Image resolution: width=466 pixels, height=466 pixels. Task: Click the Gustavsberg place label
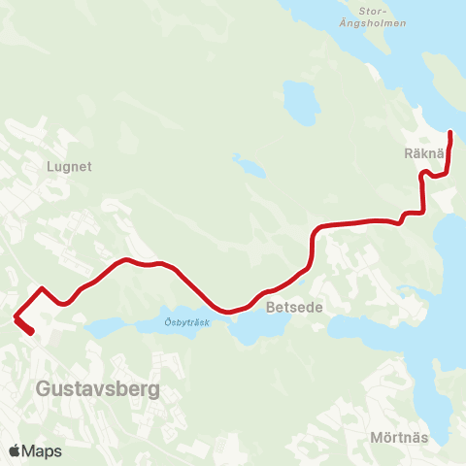97,389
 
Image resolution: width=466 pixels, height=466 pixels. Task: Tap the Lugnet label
68,166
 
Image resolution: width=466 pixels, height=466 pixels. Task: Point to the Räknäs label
424,153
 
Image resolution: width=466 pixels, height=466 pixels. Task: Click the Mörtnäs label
399,438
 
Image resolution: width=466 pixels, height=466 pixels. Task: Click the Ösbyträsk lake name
160,323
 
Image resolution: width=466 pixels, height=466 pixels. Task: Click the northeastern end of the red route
451,132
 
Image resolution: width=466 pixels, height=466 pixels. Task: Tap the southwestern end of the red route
32,332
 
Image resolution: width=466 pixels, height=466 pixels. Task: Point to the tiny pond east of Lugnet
249,166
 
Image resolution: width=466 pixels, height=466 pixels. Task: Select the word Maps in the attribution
42,450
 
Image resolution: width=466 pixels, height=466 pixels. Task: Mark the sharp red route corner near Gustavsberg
17,315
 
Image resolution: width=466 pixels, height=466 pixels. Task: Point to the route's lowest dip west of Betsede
229,312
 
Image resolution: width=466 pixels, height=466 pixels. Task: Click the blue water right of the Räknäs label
453,155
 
